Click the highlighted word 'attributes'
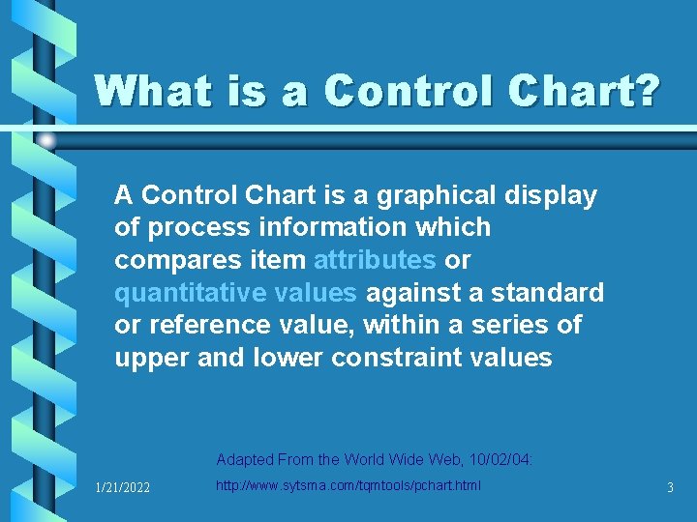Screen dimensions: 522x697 click(375, 260)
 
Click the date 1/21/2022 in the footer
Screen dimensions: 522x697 click(122, 488)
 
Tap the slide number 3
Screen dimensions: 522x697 click(670, 488)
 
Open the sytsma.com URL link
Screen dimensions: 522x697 click(348, 484)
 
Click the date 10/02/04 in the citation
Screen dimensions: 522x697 click(503, 459)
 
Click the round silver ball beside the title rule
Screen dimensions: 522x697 click(46, 141)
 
